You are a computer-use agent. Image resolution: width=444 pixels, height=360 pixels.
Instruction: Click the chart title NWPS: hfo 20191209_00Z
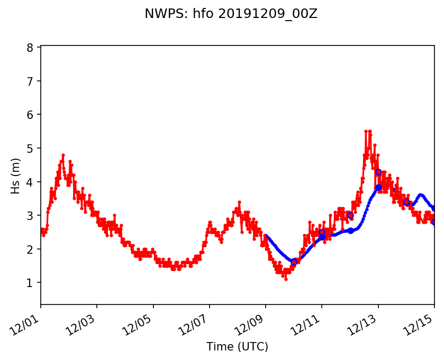coord(231,14)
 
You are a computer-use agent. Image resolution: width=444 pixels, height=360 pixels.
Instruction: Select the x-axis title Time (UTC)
coord(237,347)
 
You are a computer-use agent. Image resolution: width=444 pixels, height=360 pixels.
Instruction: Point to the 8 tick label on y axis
coord(30,48)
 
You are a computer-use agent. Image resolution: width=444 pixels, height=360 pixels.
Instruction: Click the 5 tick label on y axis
coord(30,149)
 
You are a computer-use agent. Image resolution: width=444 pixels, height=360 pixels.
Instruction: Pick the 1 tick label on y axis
coord(30,283)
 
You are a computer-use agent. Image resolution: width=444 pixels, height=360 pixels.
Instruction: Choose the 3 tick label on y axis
coord(30,216)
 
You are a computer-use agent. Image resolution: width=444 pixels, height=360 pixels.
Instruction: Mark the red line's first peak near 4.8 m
coord(63,155)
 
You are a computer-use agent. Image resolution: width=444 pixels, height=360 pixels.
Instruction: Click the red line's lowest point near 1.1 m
coord(286,279)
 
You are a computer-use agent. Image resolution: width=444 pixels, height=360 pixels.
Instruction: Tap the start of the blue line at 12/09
coord(266,236)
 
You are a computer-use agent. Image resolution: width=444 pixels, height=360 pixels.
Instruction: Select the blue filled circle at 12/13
coord(378,187)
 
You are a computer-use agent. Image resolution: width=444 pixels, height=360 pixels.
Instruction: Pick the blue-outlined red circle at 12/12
coord(350,215)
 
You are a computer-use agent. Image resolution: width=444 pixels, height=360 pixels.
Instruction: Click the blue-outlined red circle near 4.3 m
coord(378,172)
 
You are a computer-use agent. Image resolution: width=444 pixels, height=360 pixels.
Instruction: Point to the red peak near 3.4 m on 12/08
coord(239,202)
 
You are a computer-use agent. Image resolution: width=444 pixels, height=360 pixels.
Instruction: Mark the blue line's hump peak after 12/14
coord(420,195)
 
